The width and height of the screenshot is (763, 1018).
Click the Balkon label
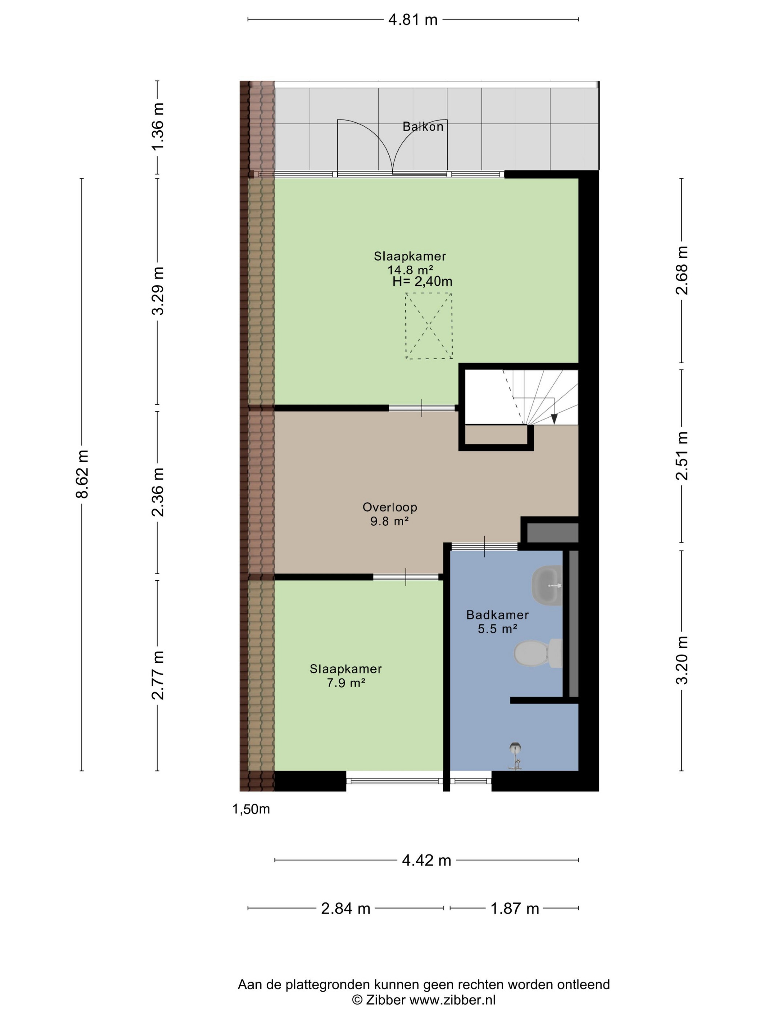click(x=423, y=126)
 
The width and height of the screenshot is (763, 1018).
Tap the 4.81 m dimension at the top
click(x=412, y=20)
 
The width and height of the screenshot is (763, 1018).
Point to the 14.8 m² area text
click(x=410, y=269)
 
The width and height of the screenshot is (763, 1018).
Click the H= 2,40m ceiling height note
click(x=422, y=281)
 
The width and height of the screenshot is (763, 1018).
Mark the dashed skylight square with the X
click(x=429, y=326)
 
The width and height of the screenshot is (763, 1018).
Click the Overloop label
click(x=389, y=507)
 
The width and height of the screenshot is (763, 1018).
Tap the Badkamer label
click(x=497, y=614)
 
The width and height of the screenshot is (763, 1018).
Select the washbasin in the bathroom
click(x=547, y=585)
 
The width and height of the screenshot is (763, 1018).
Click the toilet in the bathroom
click(x=538, y=653)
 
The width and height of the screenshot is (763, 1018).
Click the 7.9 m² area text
click(x=346, y=682)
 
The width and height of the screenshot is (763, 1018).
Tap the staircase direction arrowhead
click(x=554, y=419)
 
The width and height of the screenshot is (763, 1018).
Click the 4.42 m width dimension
click(x=426, y=860)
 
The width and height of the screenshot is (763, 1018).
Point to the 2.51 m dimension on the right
click(x=682, y=456)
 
